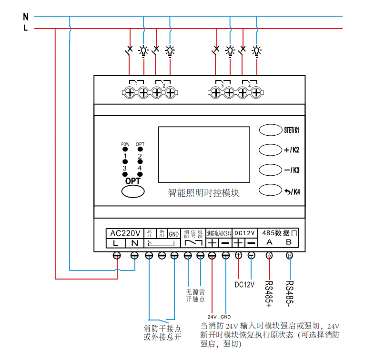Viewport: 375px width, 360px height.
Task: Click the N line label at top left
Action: click(x=25, y=17)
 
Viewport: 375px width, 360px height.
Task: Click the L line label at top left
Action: click(x=25, y=28)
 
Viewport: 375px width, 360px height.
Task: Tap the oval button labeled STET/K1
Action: click(x=271, y=130)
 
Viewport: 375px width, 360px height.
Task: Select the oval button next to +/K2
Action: click(x=271, y=150)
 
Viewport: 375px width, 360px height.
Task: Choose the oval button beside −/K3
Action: click(x=271, y=170)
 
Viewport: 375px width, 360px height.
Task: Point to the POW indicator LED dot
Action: click(x=125, y=150)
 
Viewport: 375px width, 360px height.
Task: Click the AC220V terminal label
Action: click(x=125, y=233)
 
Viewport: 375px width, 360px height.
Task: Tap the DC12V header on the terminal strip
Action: click(x=245, y=233)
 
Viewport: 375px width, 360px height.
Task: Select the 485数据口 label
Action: click(x=279, y=233)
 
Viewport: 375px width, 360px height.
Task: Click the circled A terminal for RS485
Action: click(x=269, y=256)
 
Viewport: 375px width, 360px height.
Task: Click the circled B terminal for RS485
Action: click(x=289, y=256)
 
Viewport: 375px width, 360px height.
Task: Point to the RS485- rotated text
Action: click(x=289, y=291)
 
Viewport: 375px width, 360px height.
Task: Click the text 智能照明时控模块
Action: click(x=203, y=193)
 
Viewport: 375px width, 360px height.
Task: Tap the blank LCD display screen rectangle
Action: click(x=204, y=154)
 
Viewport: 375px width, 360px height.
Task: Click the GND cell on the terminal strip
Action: click(x=174, y=234)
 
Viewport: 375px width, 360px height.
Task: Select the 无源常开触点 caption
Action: click(x=195, y=295)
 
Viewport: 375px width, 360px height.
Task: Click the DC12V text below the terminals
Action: click(x=245, y=285)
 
